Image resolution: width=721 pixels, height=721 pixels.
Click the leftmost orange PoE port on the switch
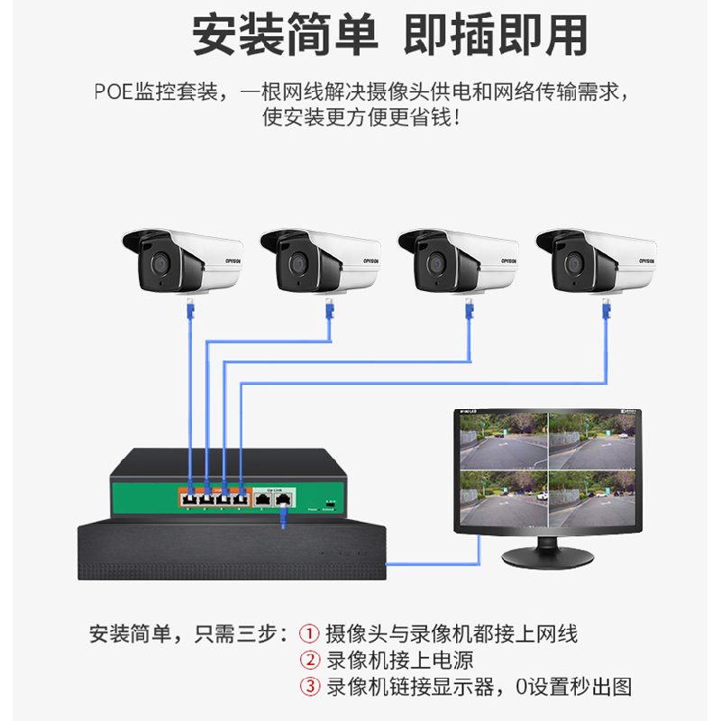(x=190, y=497)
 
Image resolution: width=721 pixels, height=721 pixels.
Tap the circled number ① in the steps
(x=309, y=634)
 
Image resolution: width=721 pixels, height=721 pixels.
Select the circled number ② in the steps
(x=309, y=661)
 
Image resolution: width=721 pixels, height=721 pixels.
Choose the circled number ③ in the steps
(x=309, y=688)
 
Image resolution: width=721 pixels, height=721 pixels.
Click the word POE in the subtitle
(x=113, y=92)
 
